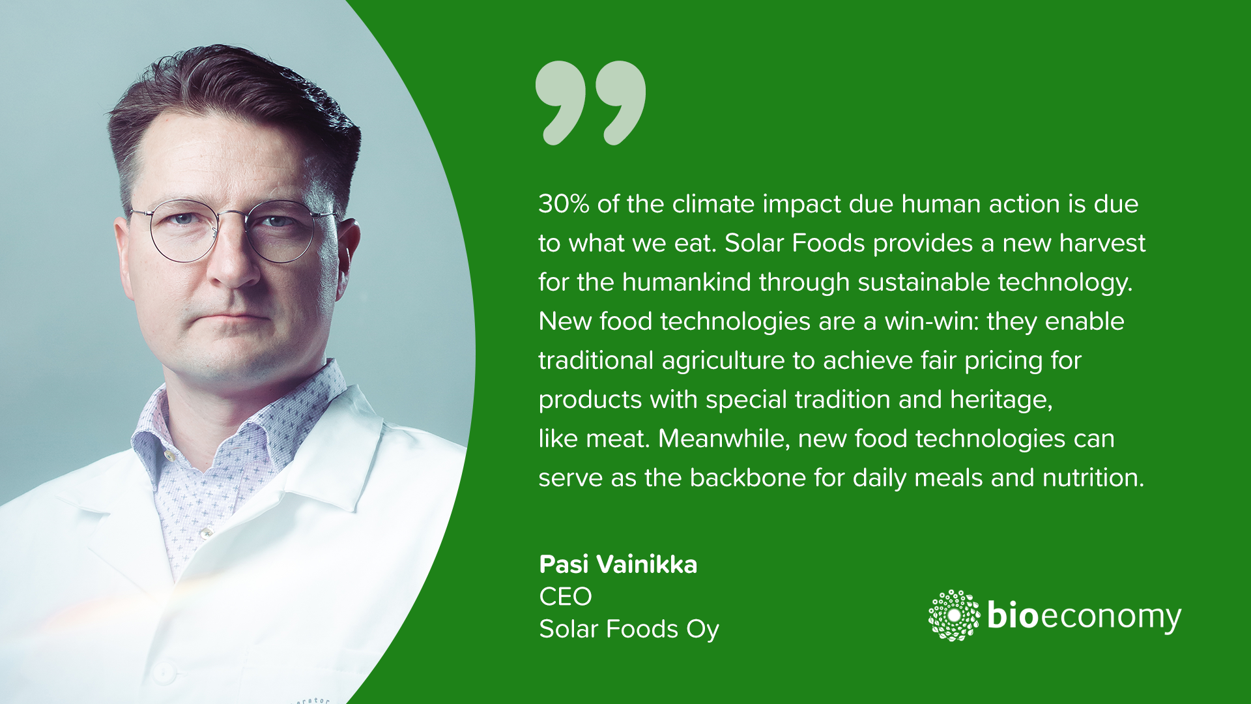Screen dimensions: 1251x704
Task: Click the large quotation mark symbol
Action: [590, 102]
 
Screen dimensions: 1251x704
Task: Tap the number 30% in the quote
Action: [564, 204]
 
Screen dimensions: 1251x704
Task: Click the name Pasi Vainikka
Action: [618, 565]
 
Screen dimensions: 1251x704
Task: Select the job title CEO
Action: [566, 596]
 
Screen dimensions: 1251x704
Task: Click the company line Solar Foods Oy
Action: [629, 630]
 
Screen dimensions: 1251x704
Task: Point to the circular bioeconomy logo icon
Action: [954, 615]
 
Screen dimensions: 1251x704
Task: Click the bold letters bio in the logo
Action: [1013, 614]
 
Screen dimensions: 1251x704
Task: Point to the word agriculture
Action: [723, 361]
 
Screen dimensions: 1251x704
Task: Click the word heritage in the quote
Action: [1001, 400]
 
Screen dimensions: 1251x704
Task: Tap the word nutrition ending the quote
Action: [1093, 478]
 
